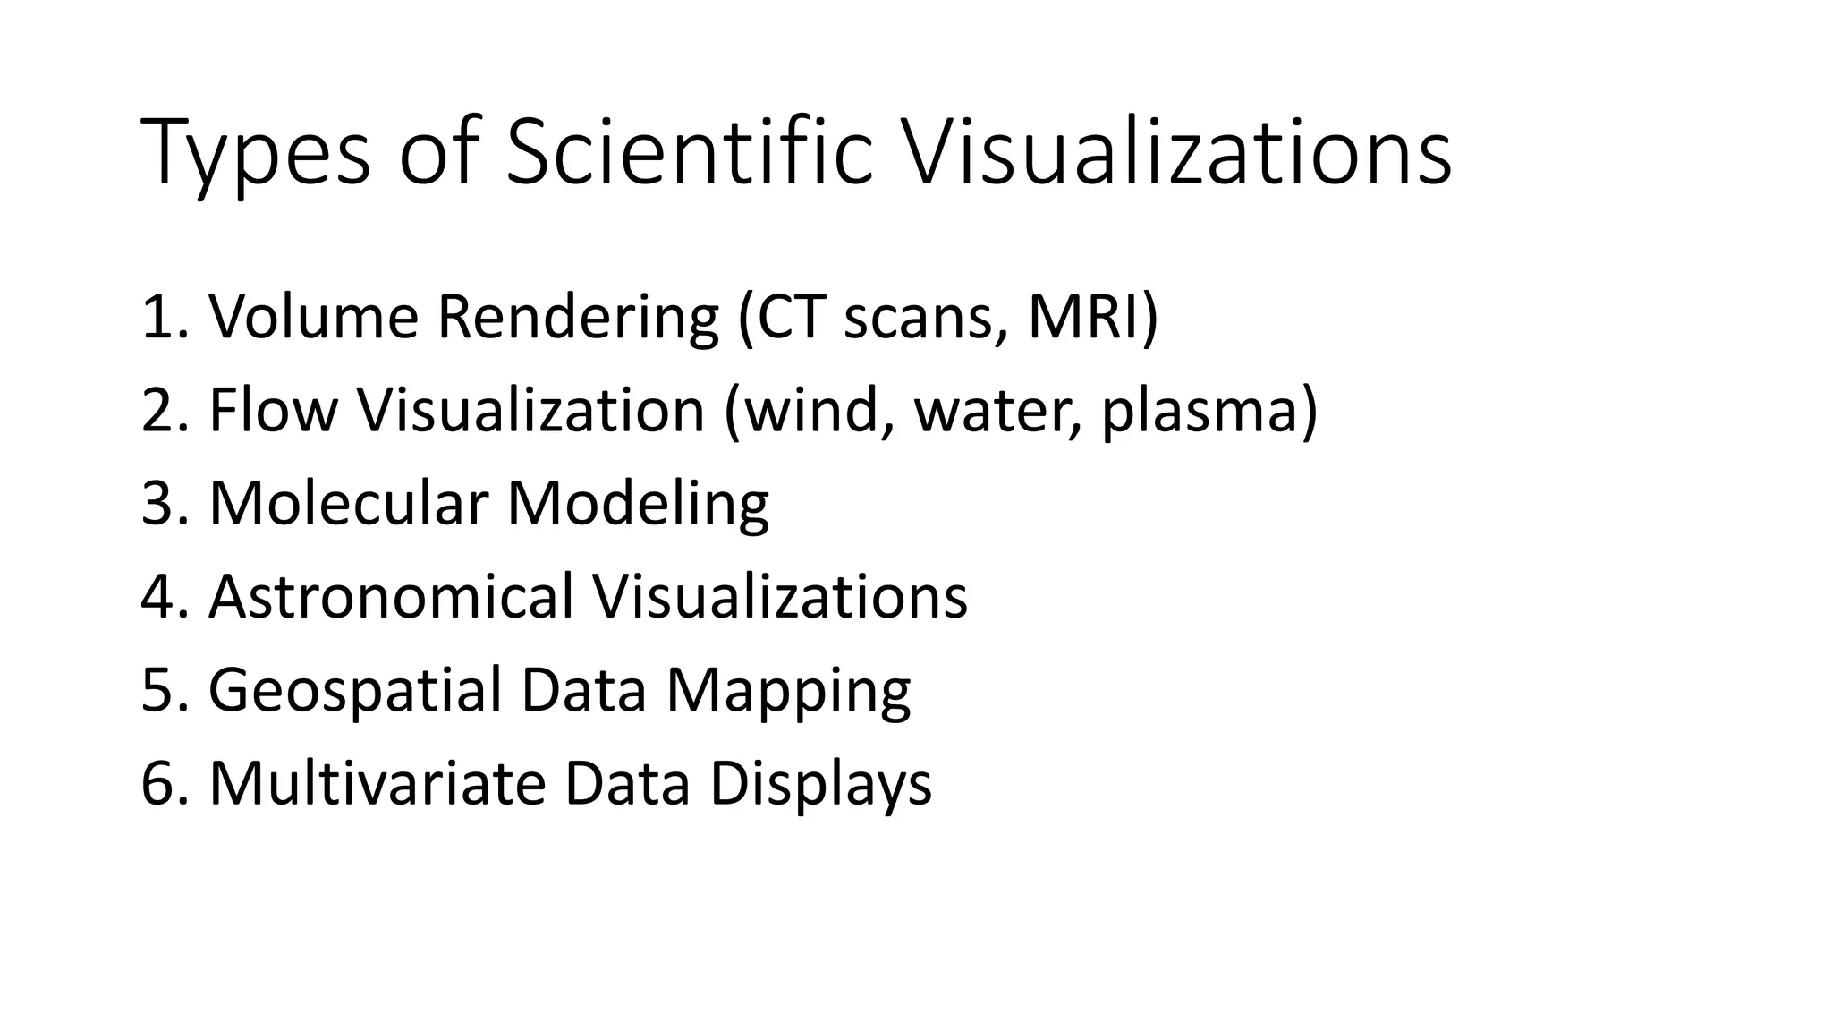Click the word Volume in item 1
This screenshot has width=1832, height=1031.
[313, 317]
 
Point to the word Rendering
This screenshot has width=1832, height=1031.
[578, 319]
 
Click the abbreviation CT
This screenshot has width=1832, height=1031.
[791, 317]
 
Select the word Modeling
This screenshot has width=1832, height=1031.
[637, 505]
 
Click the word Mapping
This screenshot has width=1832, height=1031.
[787, 691]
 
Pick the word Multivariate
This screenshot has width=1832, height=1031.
[377, 783]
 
